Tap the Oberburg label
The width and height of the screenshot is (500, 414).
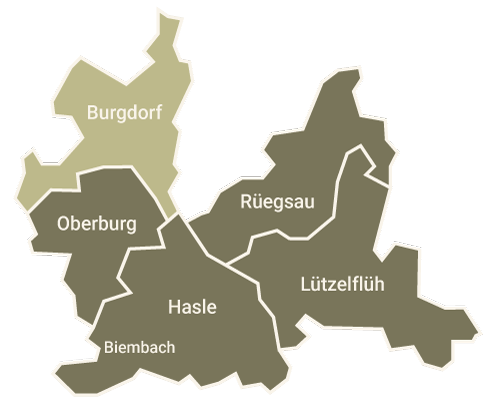[x=97, y=222]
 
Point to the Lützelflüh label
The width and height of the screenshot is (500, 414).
[x=342, y=283]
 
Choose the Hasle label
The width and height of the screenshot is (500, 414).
[x=194, y=306]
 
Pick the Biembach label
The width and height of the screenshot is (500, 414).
[x=140, y=348]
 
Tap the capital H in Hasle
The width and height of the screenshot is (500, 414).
[x=174, y=306]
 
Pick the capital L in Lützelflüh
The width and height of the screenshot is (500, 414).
[x=304, y=283]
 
